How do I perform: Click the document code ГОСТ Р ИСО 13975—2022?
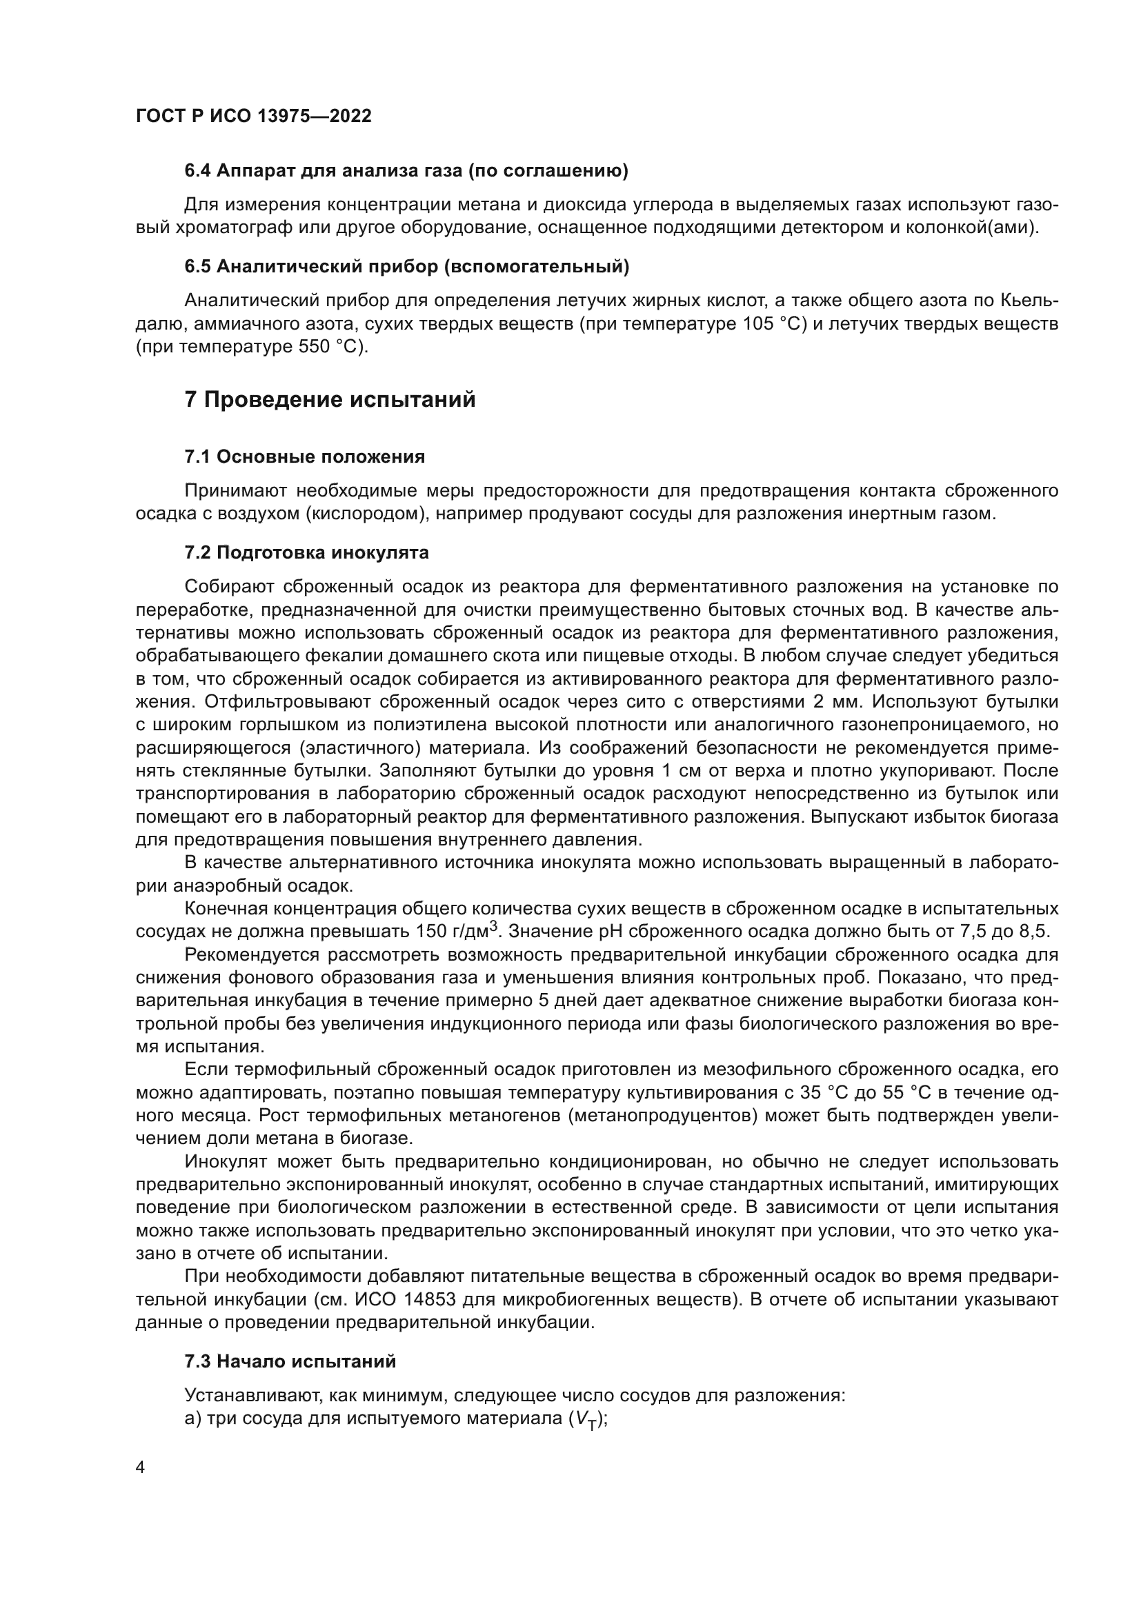(x=253, y=117)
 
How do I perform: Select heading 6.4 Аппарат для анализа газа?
(x=406, y=171)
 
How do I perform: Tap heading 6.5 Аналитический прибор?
(x=407, y=266)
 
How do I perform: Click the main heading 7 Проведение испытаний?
(x=330, y=400)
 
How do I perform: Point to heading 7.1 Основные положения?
(x=304, y=457)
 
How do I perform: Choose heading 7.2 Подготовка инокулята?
(x=306, y=552)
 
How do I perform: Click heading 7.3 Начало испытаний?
(x=290, y=1361)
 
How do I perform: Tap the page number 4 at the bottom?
(x=140, y=1469)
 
